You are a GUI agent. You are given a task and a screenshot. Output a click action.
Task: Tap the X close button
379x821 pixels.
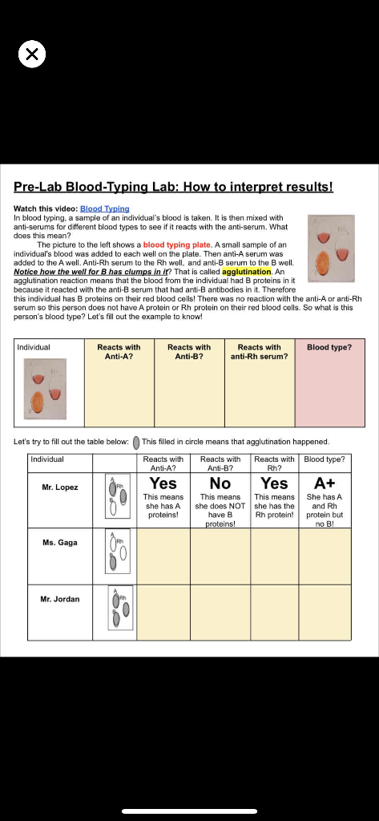coord(31,55)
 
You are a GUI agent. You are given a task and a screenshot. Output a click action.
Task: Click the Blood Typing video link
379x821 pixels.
coord(104,208)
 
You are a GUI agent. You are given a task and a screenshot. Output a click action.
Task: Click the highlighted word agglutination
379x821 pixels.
coord(247,272)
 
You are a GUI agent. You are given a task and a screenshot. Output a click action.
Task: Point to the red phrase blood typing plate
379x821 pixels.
coord(177,245)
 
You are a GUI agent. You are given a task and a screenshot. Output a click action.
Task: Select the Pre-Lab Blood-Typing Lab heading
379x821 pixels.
coord(173,187)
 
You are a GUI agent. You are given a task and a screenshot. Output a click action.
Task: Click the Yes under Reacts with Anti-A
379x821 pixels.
coord(163,483)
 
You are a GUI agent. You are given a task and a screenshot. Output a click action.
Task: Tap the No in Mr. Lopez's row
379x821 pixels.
coord(220,483)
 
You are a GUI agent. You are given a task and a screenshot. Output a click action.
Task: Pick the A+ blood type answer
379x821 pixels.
coord(325,483)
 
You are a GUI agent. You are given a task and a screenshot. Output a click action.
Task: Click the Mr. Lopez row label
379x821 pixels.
coord(60,487)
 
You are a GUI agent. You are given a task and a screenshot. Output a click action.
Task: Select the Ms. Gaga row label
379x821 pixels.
coord(60,543)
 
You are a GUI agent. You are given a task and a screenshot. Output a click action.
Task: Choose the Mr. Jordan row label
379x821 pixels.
coord(60,599)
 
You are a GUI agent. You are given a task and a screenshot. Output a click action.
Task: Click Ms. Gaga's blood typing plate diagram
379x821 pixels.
coord(116,553)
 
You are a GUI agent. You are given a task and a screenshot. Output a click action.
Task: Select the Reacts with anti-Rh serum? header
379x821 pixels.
coord(259,351)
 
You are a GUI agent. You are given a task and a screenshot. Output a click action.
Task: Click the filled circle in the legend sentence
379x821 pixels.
coord(136,442)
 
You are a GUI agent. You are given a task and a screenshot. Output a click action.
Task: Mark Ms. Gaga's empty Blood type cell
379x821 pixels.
coord(325,556)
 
